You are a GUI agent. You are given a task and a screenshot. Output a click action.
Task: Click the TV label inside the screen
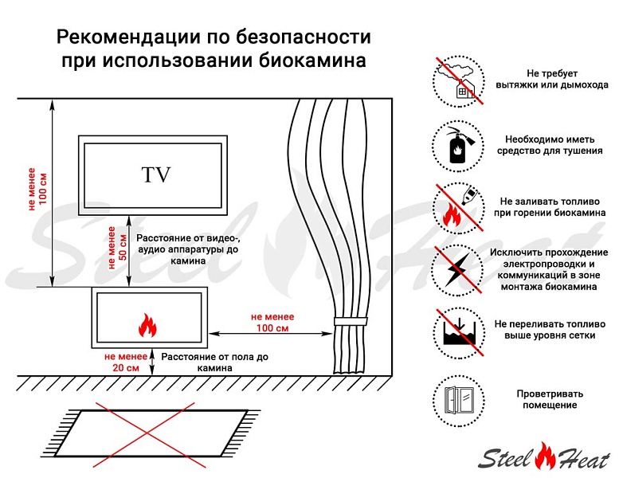point(156,174)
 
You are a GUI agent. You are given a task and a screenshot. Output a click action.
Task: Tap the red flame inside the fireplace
point(147,325)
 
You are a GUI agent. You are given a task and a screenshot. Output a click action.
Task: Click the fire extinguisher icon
point(458,146)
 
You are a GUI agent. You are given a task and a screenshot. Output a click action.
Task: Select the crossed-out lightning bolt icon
point(458,270)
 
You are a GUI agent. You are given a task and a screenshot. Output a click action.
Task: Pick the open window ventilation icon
point(458,401)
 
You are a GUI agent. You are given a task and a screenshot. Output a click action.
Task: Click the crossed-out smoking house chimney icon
point(458,81)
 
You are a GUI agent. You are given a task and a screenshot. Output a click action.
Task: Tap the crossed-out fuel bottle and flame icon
point(458,208)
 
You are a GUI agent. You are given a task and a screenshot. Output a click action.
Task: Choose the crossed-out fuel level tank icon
point(458,333)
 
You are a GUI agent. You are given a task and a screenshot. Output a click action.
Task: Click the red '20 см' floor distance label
point(126,368)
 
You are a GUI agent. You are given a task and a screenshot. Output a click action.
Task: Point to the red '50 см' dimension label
point(123,247)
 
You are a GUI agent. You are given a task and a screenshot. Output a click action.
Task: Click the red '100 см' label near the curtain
point(272,328)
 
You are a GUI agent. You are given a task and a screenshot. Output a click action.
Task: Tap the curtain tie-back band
point(351,321)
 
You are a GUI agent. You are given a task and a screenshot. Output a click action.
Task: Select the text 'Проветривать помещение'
point(550,399)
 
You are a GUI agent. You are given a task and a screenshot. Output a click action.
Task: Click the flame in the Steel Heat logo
point(545,456)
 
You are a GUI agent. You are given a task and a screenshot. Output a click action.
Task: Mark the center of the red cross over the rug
point(147,434)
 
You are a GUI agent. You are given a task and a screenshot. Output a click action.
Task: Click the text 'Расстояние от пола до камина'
point(215,362)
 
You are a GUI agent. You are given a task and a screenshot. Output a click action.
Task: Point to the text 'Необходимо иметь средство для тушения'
point(550,145)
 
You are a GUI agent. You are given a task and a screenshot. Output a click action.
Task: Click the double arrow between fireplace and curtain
point(271,334)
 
